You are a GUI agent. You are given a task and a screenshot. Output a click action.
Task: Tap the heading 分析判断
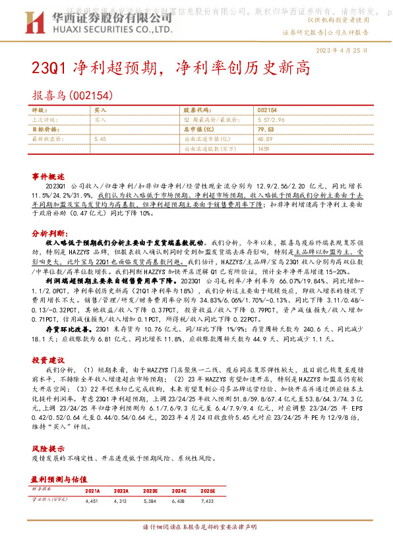48,233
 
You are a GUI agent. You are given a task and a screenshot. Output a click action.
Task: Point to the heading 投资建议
48,361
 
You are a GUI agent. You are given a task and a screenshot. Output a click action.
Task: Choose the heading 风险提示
48,430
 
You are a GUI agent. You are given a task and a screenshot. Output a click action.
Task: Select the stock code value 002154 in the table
267,110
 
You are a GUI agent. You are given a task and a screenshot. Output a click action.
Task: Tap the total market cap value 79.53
266,130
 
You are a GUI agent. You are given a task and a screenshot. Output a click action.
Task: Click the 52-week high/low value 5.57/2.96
271,120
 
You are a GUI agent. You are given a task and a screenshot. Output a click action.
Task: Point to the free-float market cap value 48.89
266,140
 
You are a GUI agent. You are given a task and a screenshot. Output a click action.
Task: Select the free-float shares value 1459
264,150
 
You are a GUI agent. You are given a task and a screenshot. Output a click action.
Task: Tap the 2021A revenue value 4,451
92,502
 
